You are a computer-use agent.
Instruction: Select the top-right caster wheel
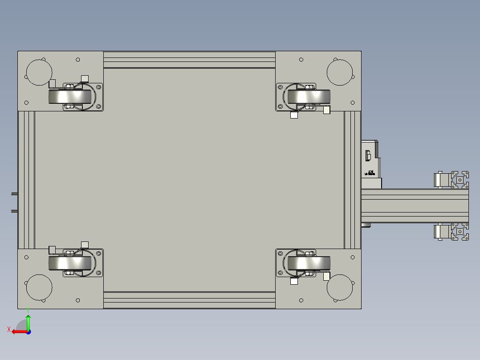309,97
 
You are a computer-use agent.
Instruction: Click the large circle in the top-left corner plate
39,72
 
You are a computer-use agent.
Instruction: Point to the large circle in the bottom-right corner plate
340,287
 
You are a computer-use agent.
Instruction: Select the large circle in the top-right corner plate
340,72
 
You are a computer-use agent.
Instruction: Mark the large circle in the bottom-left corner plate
39,287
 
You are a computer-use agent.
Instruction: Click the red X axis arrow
17,331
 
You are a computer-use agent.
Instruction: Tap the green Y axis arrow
28,322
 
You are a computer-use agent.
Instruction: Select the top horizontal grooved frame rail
189,60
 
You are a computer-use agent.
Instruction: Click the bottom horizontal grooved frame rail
189,300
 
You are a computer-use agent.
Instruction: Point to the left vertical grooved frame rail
26,180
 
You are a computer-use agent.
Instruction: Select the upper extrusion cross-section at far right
460,180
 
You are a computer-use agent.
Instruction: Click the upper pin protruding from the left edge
14,194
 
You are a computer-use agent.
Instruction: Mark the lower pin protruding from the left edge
14,210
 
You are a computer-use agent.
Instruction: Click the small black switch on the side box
368,155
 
